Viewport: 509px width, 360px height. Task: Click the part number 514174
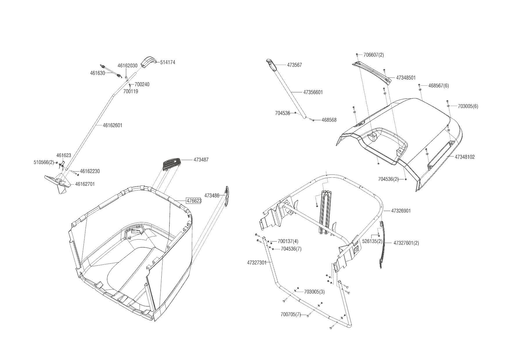coord(167,62)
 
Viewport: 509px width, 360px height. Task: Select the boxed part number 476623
coord(194,201)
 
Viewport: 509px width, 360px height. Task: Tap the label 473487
coord(201,160)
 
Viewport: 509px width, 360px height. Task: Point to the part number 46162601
coord(113,125)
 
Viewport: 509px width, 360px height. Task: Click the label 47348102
coord(465,157)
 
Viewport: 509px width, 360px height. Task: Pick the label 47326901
coord(401,211)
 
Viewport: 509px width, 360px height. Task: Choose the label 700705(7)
coord(290,314)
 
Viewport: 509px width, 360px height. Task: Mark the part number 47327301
coord(257,263)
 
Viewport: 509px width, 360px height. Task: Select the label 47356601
coord(313,92)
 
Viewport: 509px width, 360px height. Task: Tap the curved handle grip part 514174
coord(148,62)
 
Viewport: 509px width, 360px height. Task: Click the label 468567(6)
coord(438,86)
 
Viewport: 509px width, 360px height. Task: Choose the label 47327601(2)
coord(406,243)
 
